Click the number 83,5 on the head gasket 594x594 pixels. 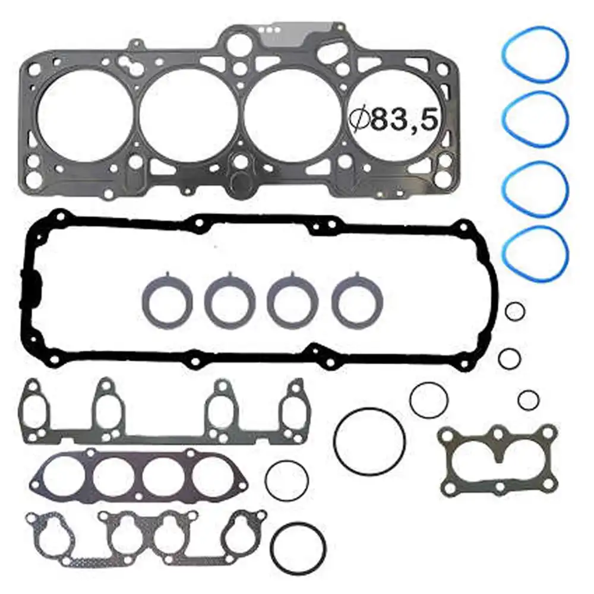tap(404, 118)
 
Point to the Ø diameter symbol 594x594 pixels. tap(360, 118)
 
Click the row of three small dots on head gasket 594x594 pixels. tap(269, 30)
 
